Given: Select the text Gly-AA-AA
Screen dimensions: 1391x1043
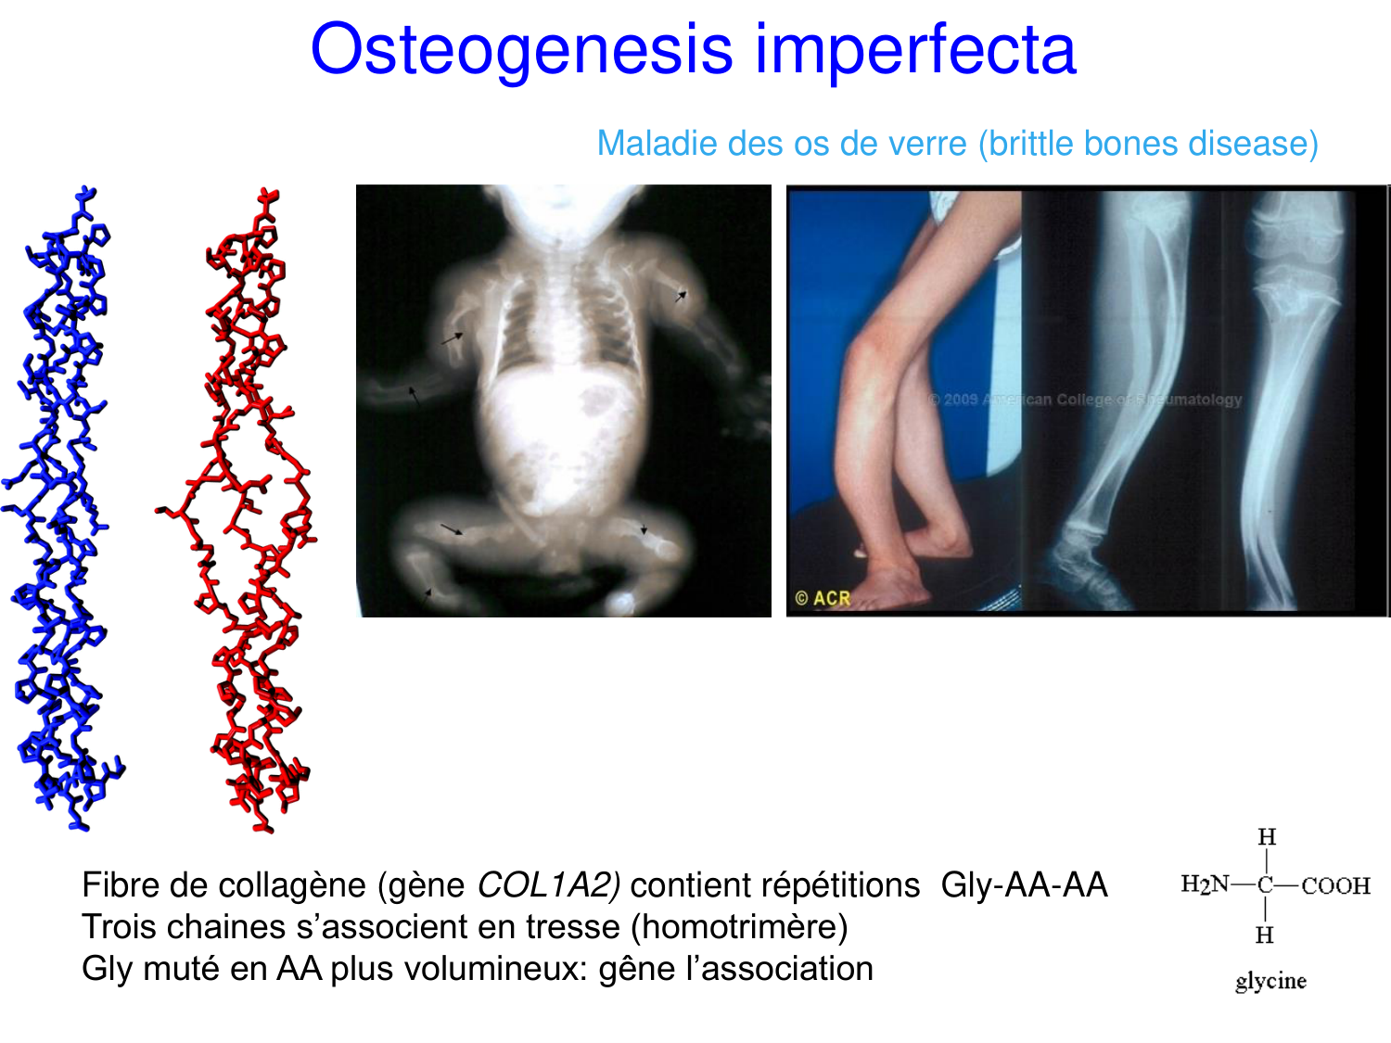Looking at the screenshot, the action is (x=1024, y=884).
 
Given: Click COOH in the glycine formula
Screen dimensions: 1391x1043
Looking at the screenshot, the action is (x=1336, y=886).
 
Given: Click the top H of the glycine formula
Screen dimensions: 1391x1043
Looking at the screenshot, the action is (x=1267, y=837).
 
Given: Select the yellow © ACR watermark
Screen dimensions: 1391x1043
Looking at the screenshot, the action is (x=822, y=598).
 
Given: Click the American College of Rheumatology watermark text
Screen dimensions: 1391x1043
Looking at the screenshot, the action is (x=1084, y=400).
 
